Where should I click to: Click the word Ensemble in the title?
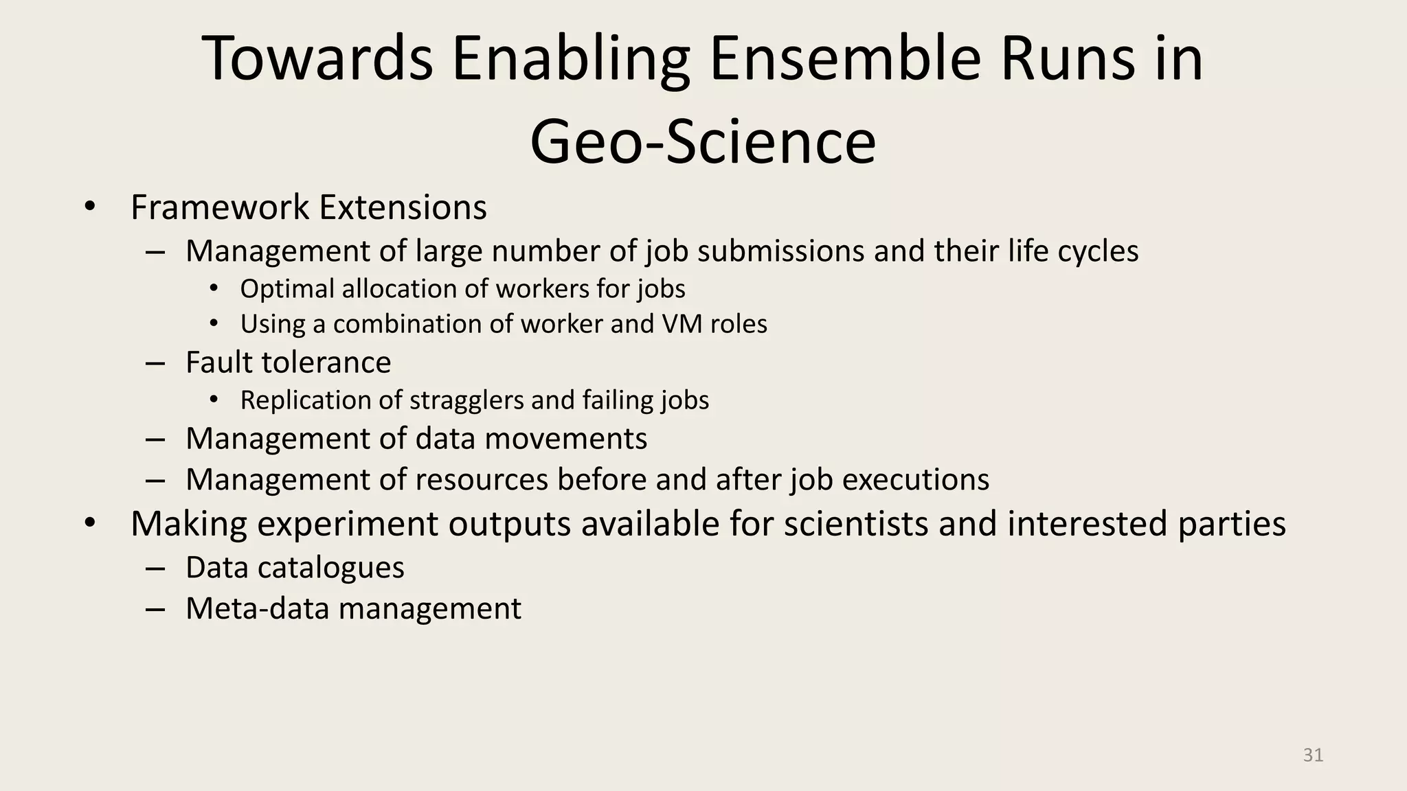click(x=844, y=60)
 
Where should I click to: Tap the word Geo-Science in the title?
click(x=703, y=143)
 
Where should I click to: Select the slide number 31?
click(x=1313, y=755)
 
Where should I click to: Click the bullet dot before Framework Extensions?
click(x=89, y=207)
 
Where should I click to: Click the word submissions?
click(x=781, y=251)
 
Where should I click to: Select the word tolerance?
click(x=337, y=363)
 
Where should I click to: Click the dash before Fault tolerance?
click(x=155, y=363)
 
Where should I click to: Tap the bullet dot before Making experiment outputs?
click(x=89, y=524)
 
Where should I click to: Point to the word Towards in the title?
click(x=317, y=60)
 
